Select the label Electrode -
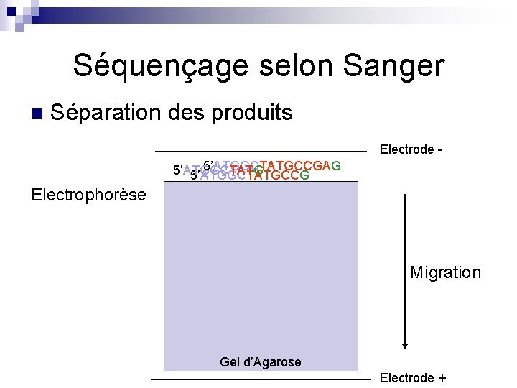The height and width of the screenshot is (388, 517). pos(410,149)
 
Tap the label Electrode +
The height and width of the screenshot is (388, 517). pos(412,378)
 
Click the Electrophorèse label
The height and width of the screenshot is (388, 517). pos(89,195)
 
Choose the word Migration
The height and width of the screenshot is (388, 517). pos(445,272)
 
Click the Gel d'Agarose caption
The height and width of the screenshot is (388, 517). pos(261,362)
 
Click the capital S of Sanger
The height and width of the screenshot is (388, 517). pos(353,66)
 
